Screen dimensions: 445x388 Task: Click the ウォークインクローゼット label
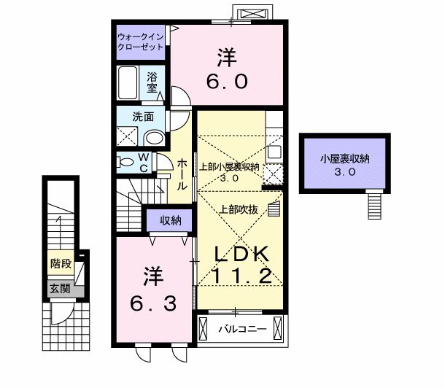(141, 42)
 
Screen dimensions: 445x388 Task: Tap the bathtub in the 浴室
(128, 82)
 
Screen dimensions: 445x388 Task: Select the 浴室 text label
(152, 82)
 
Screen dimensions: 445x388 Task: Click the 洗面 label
(143, 117)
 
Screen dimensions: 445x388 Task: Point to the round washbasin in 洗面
(155, 138)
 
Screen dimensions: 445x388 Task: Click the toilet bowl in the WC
(125, 163)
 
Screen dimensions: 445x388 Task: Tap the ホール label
(182, 174)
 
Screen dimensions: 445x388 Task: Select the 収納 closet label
(170, 220)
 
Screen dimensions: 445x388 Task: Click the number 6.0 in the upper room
(227, 81)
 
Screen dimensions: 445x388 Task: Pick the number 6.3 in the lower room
(153, 303)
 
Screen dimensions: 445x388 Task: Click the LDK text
(241, 254)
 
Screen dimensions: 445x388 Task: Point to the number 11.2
(241, 276)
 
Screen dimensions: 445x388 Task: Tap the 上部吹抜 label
(239, 209)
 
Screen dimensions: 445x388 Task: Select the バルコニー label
(243, 329)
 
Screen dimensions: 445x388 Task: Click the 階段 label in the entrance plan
(61, 263)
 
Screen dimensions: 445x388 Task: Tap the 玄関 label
(60, 289)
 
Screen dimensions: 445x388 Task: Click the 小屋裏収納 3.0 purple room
(345, 163)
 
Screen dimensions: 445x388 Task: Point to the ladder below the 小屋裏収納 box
(375, 204)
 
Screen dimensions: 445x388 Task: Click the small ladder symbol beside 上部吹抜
(274, 209)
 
